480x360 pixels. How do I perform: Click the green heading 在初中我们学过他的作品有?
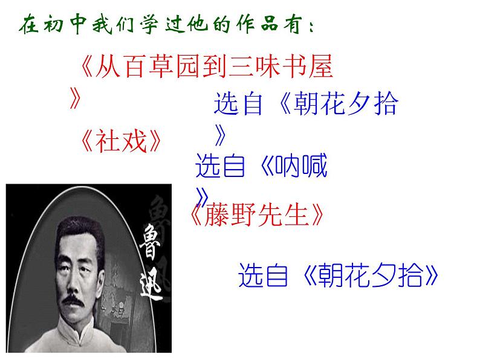click(163, 27)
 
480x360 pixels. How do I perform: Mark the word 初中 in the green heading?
click(72, 27)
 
